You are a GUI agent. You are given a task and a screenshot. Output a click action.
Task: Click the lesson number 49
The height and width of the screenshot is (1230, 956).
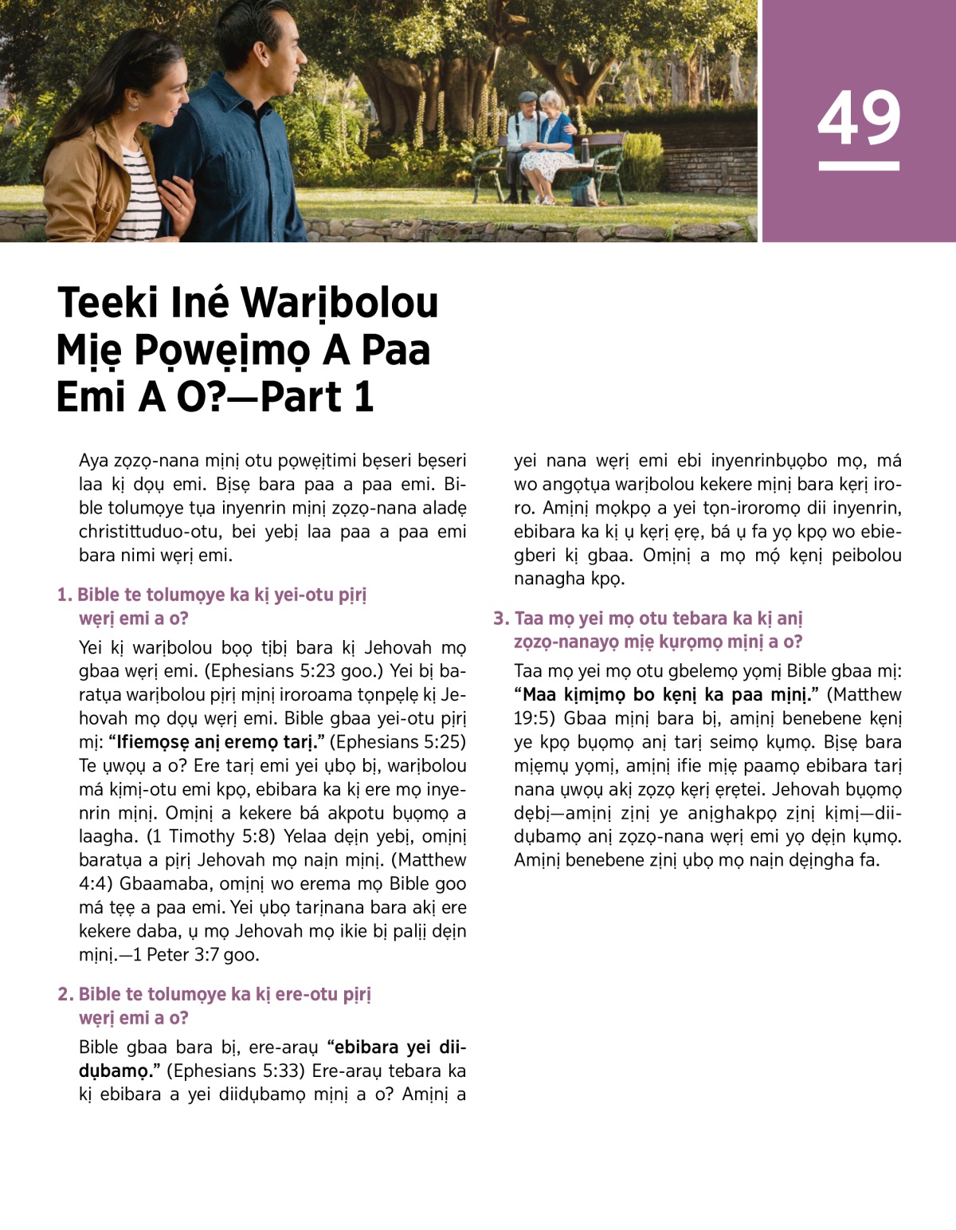pos(859,117)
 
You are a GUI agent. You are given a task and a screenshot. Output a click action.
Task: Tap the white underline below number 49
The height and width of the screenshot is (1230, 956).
pos(859,166)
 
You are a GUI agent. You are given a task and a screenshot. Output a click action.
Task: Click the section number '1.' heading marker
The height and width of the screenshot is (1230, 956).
pos(65,595)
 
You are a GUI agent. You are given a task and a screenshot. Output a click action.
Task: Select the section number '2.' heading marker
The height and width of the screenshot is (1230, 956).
pos(65,994)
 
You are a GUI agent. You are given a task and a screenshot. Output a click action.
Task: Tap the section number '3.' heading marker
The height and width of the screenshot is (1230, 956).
pos(500,619)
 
